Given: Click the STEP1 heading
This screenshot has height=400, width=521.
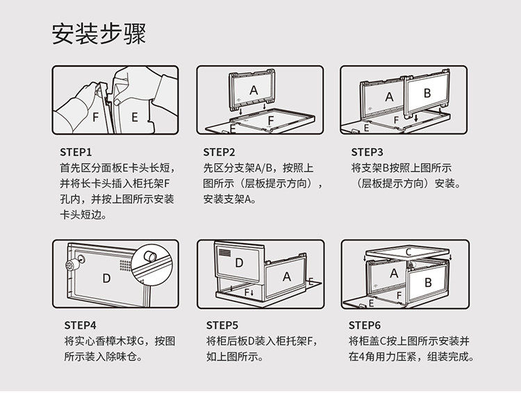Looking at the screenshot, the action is (x=76, y=151).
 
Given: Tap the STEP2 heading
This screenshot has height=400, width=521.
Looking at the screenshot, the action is (x=220, y=151).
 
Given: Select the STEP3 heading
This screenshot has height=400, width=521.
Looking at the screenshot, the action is (x=367, y=151).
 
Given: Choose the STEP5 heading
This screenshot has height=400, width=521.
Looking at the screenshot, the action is (x=222, y=324).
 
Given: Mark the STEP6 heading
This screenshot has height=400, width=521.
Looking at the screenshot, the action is (x=365, y=324).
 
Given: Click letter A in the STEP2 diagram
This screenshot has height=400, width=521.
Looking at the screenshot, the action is (x=254, y=90).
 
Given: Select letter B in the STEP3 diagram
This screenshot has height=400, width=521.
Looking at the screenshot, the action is (x=427, y=92).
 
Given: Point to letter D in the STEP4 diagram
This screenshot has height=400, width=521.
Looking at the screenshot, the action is (x=106, y=278).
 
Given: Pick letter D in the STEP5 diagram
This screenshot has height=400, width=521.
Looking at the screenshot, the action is (x=239, y=262).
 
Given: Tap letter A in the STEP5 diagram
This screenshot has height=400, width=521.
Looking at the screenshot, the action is (x=286, y=276).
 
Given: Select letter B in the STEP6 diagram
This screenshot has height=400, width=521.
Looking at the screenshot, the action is (x=428, y=283).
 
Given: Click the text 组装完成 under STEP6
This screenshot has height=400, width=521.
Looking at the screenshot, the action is (x=451, y=358).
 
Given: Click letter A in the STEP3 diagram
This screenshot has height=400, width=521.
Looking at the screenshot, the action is (x=389, y=97).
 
